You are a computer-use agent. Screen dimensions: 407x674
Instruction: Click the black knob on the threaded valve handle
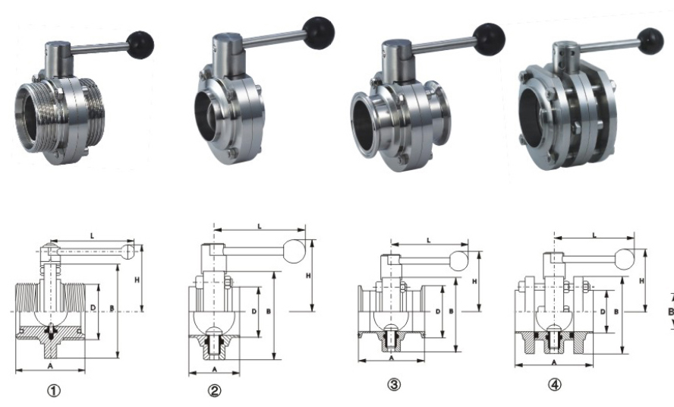click(140, 44)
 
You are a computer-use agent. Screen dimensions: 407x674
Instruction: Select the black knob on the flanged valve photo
click(650, 40)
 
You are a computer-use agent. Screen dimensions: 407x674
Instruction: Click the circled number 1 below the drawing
click(54, 390)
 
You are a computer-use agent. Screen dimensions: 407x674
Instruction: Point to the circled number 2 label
click(214, 390)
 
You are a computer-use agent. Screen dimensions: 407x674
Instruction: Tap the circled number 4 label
click(555, 385)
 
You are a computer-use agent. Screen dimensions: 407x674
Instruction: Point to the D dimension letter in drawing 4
click(602, 312)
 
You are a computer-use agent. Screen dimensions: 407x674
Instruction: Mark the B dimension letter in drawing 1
click(112, 308)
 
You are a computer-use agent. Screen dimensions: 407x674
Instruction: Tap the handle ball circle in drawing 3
click(458, 261)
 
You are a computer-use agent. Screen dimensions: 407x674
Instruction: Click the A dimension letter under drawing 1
click(49, 365)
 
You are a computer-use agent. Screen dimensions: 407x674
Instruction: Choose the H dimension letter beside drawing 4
click(642, 281)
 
